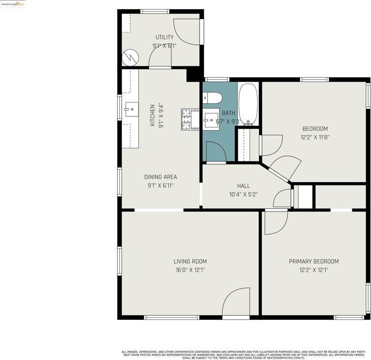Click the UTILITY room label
pyautogui.click(x=164, y=37)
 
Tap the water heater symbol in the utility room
pyautogui.click(x=130, y=58)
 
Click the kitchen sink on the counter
pyautogui.click(x=130, y=109)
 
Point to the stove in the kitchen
pyautogui.click(x=190, y=119)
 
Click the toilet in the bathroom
pyautogui.click(x=212, y=98)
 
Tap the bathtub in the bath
pyautogui.click(x=248, y=104)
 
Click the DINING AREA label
pyautogui.click(x=160, y=177)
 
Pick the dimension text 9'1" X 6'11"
pyautogui.click(x=160, y=185)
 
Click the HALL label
pyautogui.click(x=243, y=186)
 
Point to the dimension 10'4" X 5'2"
pyautogui.click(x=243, y=195)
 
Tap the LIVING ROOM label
pyautogui.click(x=190, y=261)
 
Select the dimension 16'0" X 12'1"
pyautogui.click(x=190, y=270)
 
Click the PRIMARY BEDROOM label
pyautogui.click(x=314, y=261)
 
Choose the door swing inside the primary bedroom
pyautogui.click(x=276, y=222)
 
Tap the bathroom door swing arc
pyautogui.click(x=215, y=152)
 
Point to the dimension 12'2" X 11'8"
pyautogui.click(x=315, y=137)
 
